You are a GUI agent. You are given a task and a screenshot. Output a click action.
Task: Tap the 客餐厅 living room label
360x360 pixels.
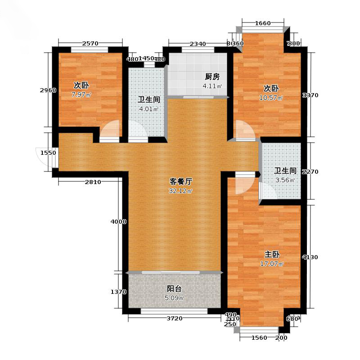pos(181,182)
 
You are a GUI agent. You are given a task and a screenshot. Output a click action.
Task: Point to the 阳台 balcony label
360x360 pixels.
pos(174,288)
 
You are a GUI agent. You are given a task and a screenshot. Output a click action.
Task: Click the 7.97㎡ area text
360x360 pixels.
pos(82,95)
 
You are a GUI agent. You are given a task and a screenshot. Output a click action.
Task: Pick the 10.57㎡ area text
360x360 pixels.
pos(271,98)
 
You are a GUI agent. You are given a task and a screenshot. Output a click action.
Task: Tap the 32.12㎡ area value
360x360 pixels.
pos(181,191)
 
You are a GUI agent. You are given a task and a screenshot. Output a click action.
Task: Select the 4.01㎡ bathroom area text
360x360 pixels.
pos(149,109)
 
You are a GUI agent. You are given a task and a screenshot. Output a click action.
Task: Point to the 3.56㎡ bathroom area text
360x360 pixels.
pos(285,180)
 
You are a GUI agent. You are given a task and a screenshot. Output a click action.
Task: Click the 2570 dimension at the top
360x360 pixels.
pos(90,44)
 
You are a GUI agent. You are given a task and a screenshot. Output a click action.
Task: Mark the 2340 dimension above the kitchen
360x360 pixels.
pos(198,44)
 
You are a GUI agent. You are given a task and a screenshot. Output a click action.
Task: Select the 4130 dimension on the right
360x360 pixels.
pos(310,257)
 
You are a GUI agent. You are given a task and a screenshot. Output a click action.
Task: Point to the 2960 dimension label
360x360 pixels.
pos(48,90)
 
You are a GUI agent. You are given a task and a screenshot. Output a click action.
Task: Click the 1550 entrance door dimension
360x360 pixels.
pos(48,153)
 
